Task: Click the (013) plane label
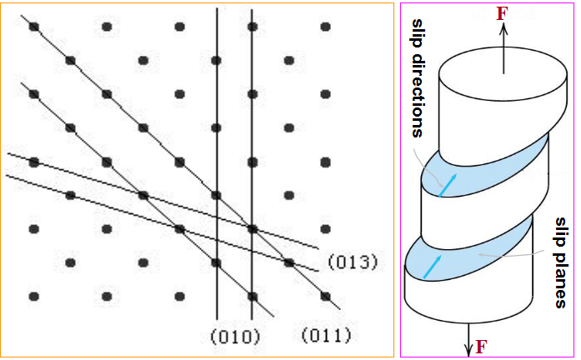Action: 352,262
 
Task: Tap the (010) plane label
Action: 236,336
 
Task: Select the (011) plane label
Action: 325,336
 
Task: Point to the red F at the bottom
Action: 481,346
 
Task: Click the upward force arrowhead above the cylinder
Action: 503,27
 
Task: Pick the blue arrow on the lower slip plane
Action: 431,267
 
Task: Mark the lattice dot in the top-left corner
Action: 34,27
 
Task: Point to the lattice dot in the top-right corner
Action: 325,27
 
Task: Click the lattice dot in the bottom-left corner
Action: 34,296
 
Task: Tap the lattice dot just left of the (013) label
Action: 288,262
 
